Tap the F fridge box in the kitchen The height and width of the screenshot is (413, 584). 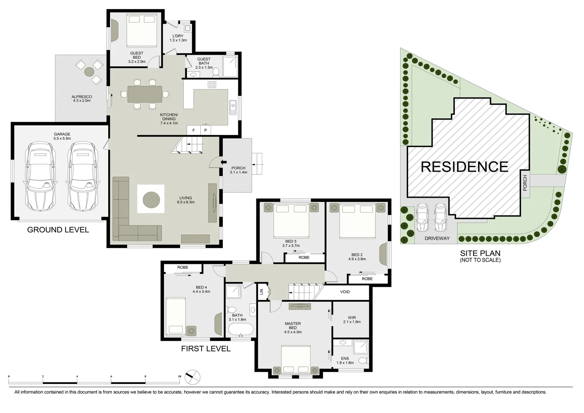coord(193,130)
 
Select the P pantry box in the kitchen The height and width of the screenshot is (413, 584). coord(206,130)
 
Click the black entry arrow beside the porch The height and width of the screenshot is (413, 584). coord(224,163)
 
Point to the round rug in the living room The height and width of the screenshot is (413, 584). coord(151,199)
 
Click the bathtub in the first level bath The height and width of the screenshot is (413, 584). coord(240,329)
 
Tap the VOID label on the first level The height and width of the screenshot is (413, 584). coord(345,292)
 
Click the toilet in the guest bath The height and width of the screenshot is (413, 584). coord(216,72)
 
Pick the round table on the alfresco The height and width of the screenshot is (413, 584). coord(89,72)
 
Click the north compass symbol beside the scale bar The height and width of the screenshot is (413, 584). coord(192,377)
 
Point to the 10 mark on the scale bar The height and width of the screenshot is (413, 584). coord(179,377)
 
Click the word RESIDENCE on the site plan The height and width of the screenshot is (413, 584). coord(464,167)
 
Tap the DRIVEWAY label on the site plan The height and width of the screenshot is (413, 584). coord(437,238)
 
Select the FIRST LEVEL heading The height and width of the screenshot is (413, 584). coord(206,349)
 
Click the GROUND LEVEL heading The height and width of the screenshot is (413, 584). coord(58,230)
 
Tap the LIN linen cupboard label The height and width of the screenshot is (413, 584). coord(262,292)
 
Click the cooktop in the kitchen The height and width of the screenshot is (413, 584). coord(212,84)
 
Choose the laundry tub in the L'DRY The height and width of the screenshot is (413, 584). coord(188,28)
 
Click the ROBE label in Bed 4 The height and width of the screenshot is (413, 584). coord(183,267)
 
